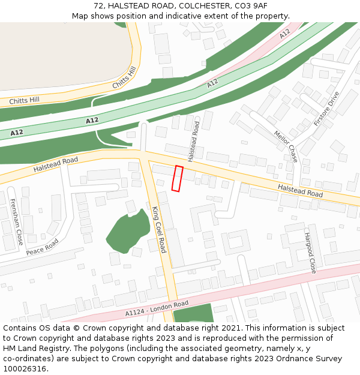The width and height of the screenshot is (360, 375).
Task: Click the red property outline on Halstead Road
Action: point(178,179)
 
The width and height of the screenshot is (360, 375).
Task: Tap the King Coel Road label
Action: point(158,229)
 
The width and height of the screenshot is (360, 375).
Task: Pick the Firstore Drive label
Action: point(326,109)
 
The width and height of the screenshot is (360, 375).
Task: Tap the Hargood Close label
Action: point(310,253)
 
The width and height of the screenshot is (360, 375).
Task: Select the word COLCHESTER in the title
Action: point(205,5)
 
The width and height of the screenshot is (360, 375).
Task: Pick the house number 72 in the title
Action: point(99,5)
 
